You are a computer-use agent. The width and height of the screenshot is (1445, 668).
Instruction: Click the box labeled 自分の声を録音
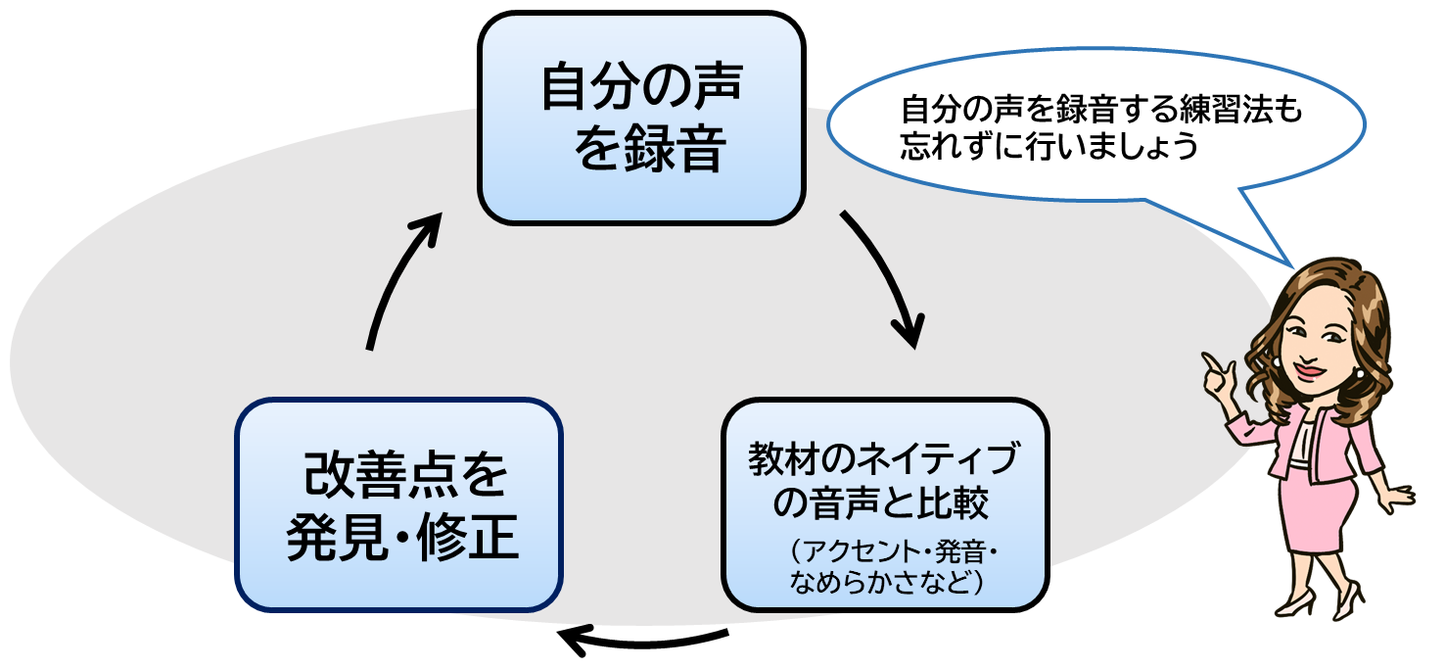click(x=641, y=118)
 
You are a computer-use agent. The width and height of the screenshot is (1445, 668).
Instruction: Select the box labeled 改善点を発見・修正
click(x=399, y=503)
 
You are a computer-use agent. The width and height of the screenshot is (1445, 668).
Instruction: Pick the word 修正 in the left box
click(x=469, y=538)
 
